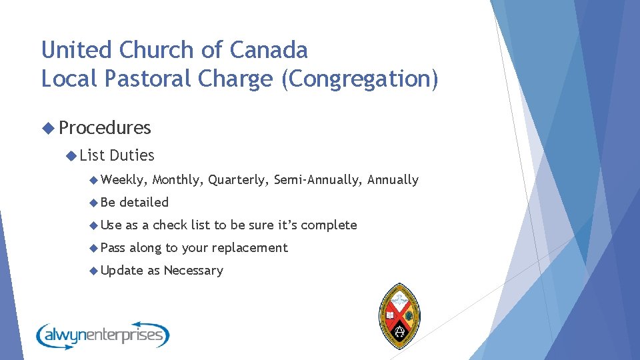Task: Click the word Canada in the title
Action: (269, 50)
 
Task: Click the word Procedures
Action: (105, 127)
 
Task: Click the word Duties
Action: (131, 155)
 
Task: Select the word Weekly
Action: (125, 179)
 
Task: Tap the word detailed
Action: (143, 202)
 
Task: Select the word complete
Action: (329, 225)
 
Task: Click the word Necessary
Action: (193, 270)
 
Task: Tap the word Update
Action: (121, 270)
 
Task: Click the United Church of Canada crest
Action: (399, 315)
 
